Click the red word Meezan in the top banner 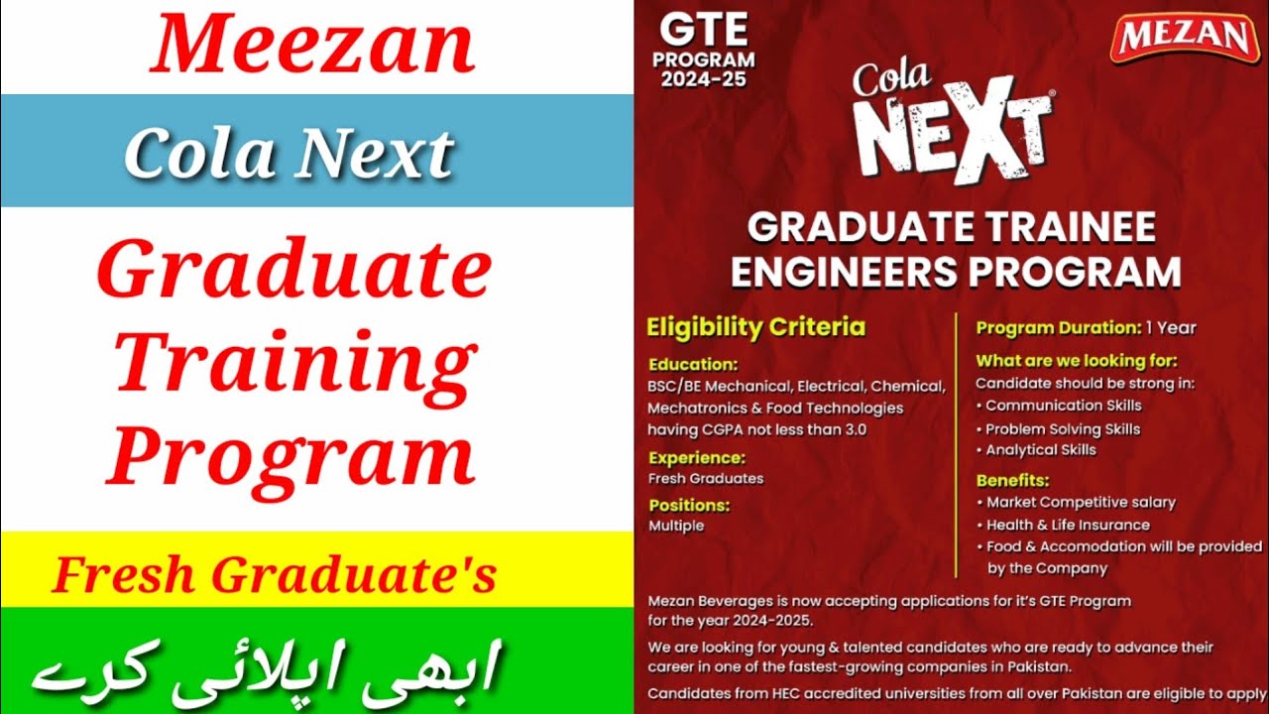click(x=313, y=47)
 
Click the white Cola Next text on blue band click(x=288, y=154)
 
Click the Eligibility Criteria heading click(x=755, y=327)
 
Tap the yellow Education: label click(x=693, y=364)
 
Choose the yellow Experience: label click(x=696, y=458)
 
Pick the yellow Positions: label click(x=689, y=505)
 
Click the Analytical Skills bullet click(x=1040, y=450)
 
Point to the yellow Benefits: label click(x=1012, y=481)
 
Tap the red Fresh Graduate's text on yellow click(x=274, y=576)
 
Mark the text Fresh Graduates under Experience click(x=706, y=478)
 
